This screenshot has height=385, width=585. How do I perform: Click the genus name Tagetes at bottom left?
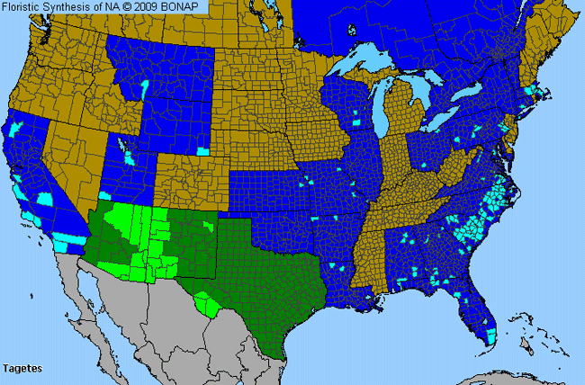(22, 369)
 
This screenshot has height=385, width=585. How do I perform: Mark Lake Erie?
(441, 121)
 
